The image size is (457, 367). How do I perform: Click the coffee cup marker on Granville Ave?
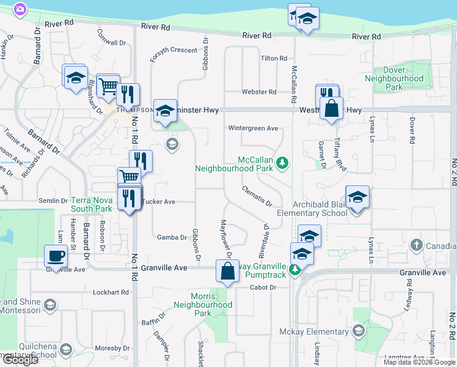(x=56, y=256)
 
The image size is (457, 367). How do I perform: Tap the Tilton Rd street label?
(x=274, y=58)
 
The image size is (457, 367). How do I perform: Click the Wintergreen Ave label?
(x=253, y=128)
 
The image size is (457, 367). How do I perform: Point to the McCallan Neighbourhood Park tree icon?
(x=282, y=162)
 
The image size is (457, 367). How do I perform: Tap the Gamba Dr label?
(x=171, y=237)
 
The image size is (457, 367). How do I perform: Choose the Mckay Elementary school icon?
(x=358, y=332)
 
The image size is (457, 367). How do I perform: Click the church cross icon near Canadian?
(x=416, y=245)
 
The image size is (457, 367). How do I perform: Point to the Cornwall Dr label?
(x=111, y=39)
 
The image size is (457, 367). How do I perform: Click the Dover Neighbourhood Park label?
(x=394, y=78)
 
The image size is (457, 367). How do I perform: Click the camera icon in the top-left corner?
(x=20, y=9)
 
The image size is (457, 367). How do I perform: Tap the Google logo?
(x=20, y=360)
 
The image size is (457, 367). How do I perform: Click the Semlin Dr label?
(x=53, y=201)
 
